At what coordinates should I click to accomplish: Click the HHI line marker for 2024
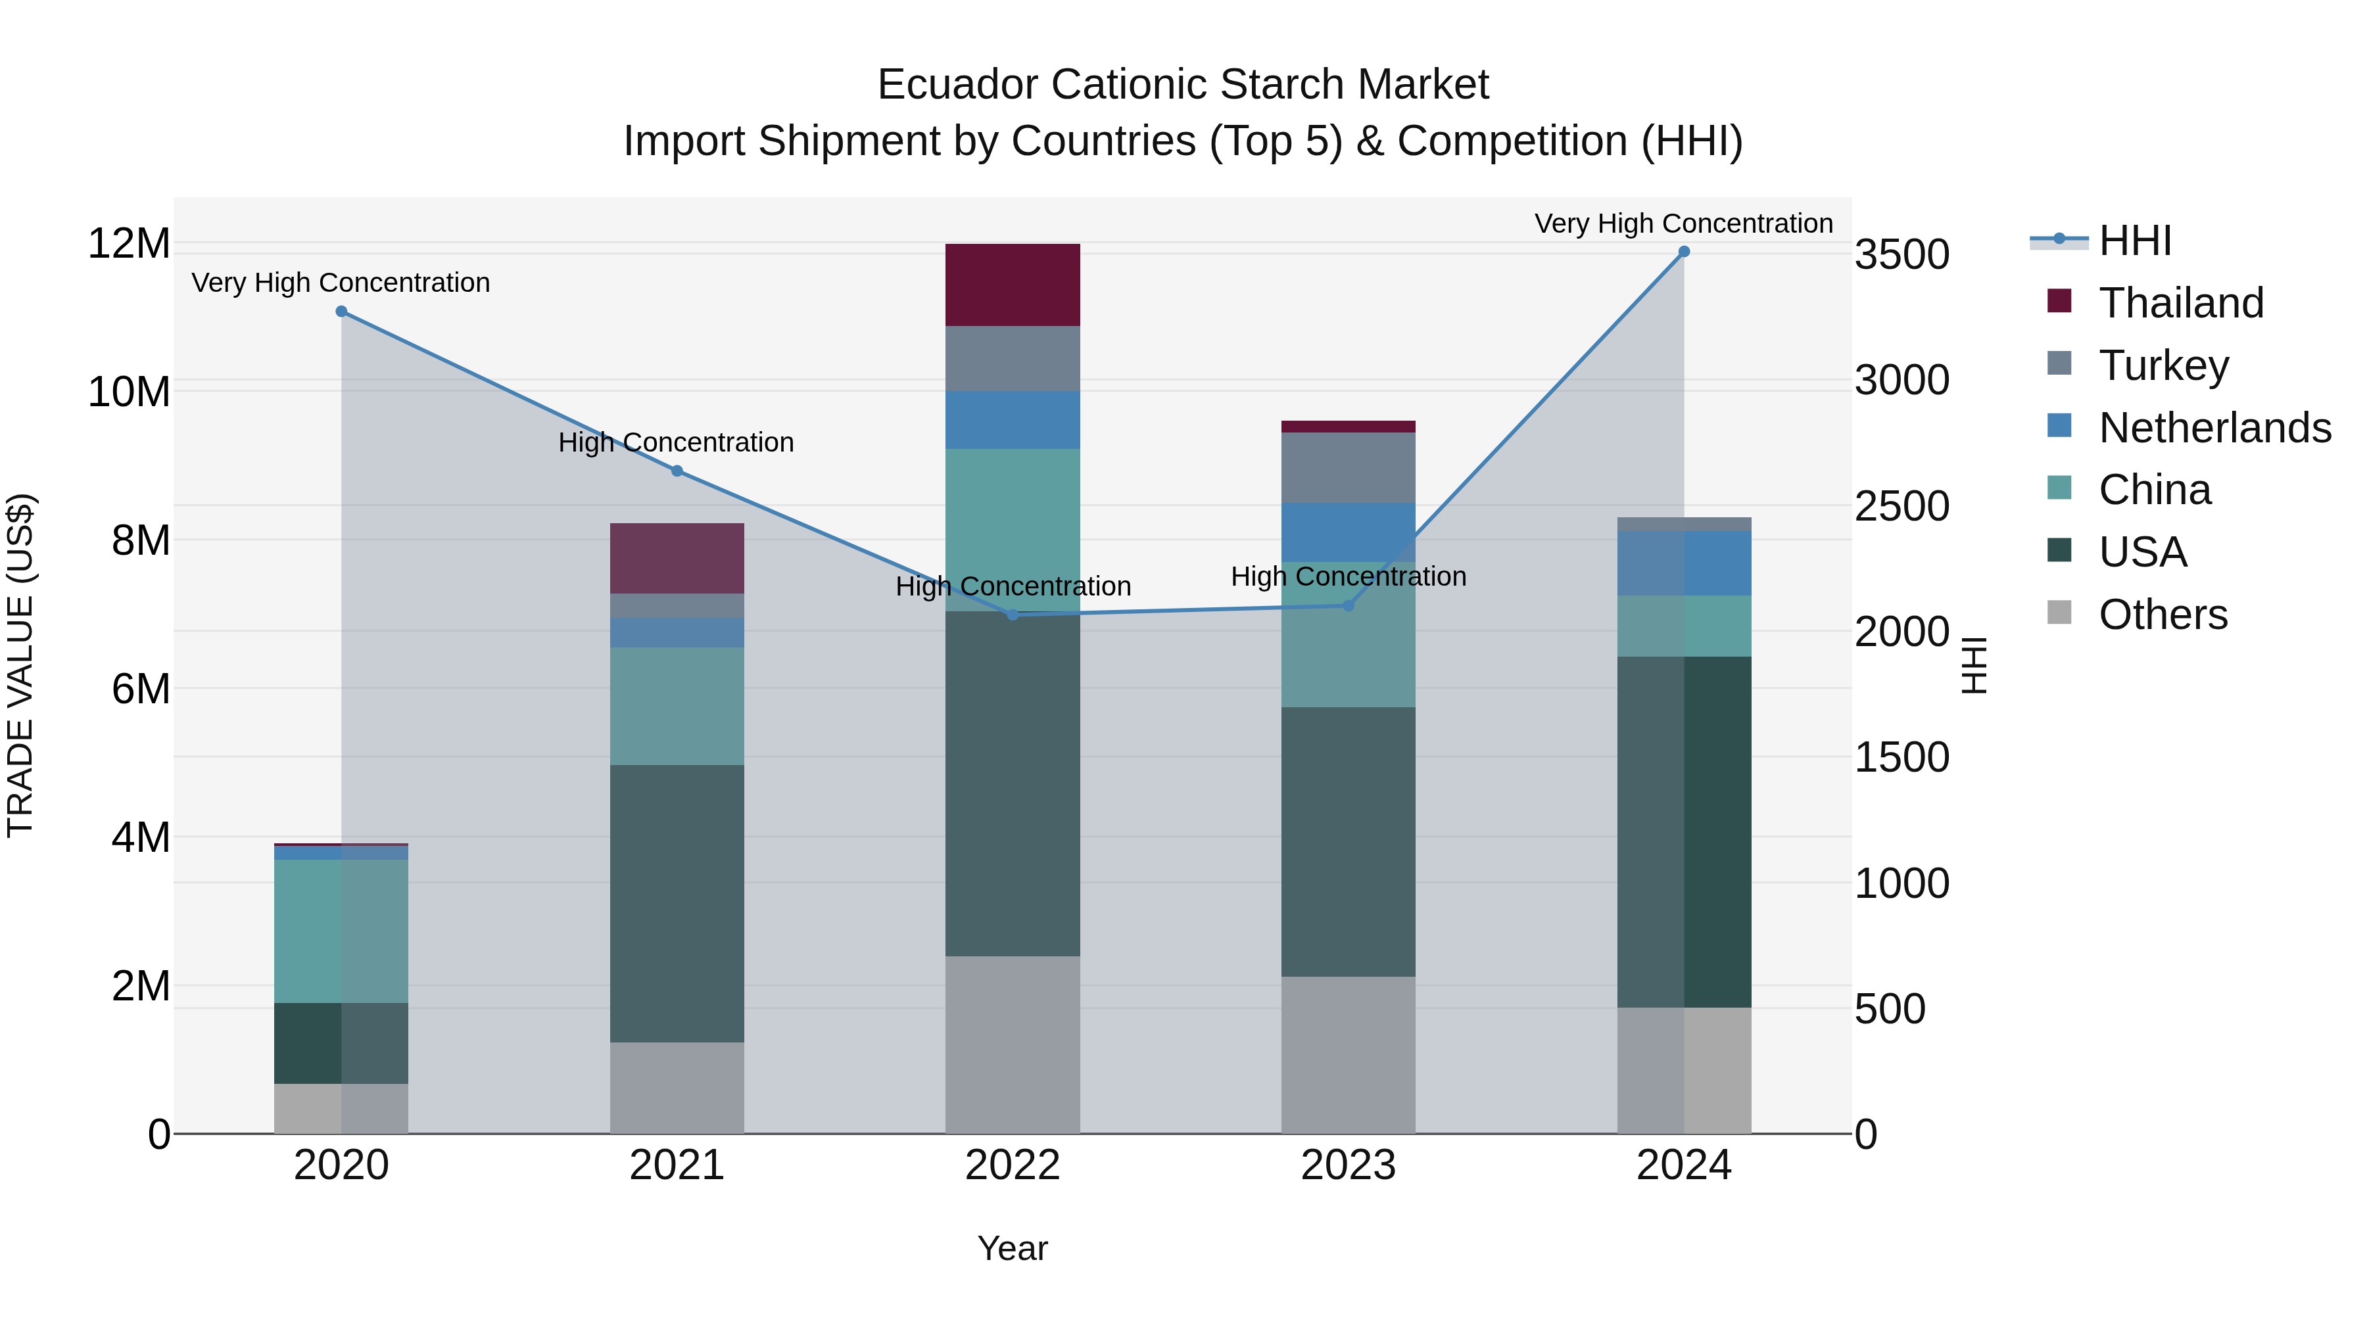[x=1683, y=252]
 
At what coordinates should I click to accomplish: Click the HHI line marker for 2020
[x=341, y=312]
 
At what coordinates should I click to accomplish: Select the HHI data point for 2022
[x=1013, y=615]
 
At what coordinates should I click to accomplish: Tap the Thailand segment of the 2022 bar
[x=1013, y=285]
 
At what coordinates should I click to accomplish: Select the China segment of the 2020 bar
[x=341, y=931]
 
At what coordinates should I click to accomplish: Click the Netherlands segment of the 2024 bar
[x=1683, y=563]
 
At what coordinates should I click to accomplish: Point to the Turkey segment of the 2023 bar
[x=1348, y=467]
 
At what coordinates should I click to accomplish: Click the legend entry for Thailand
[x=2180, y=303]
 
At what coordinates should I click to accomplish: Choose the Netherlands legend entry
[x=2214, y=428]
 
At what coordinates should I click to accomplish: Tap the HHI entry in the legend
[x=2134, y=241]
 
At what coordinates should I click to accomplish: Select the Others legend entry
[x=2162, y=615]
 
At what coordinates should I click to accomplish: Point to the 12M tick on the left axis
[x=129, y=245]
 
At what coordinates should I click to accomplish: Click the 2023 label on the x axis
[x=1348, y=1165]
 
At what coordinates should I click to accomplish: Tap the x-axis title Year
[x=1013, y=1248]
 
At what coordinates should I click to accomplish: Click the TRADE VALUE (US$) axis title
[x=20, y=665]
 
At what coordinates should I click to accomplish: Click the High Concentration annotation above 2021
[x=677, y=443]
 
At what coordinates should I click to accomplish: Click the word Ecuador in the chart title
[x=957, y=85]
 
